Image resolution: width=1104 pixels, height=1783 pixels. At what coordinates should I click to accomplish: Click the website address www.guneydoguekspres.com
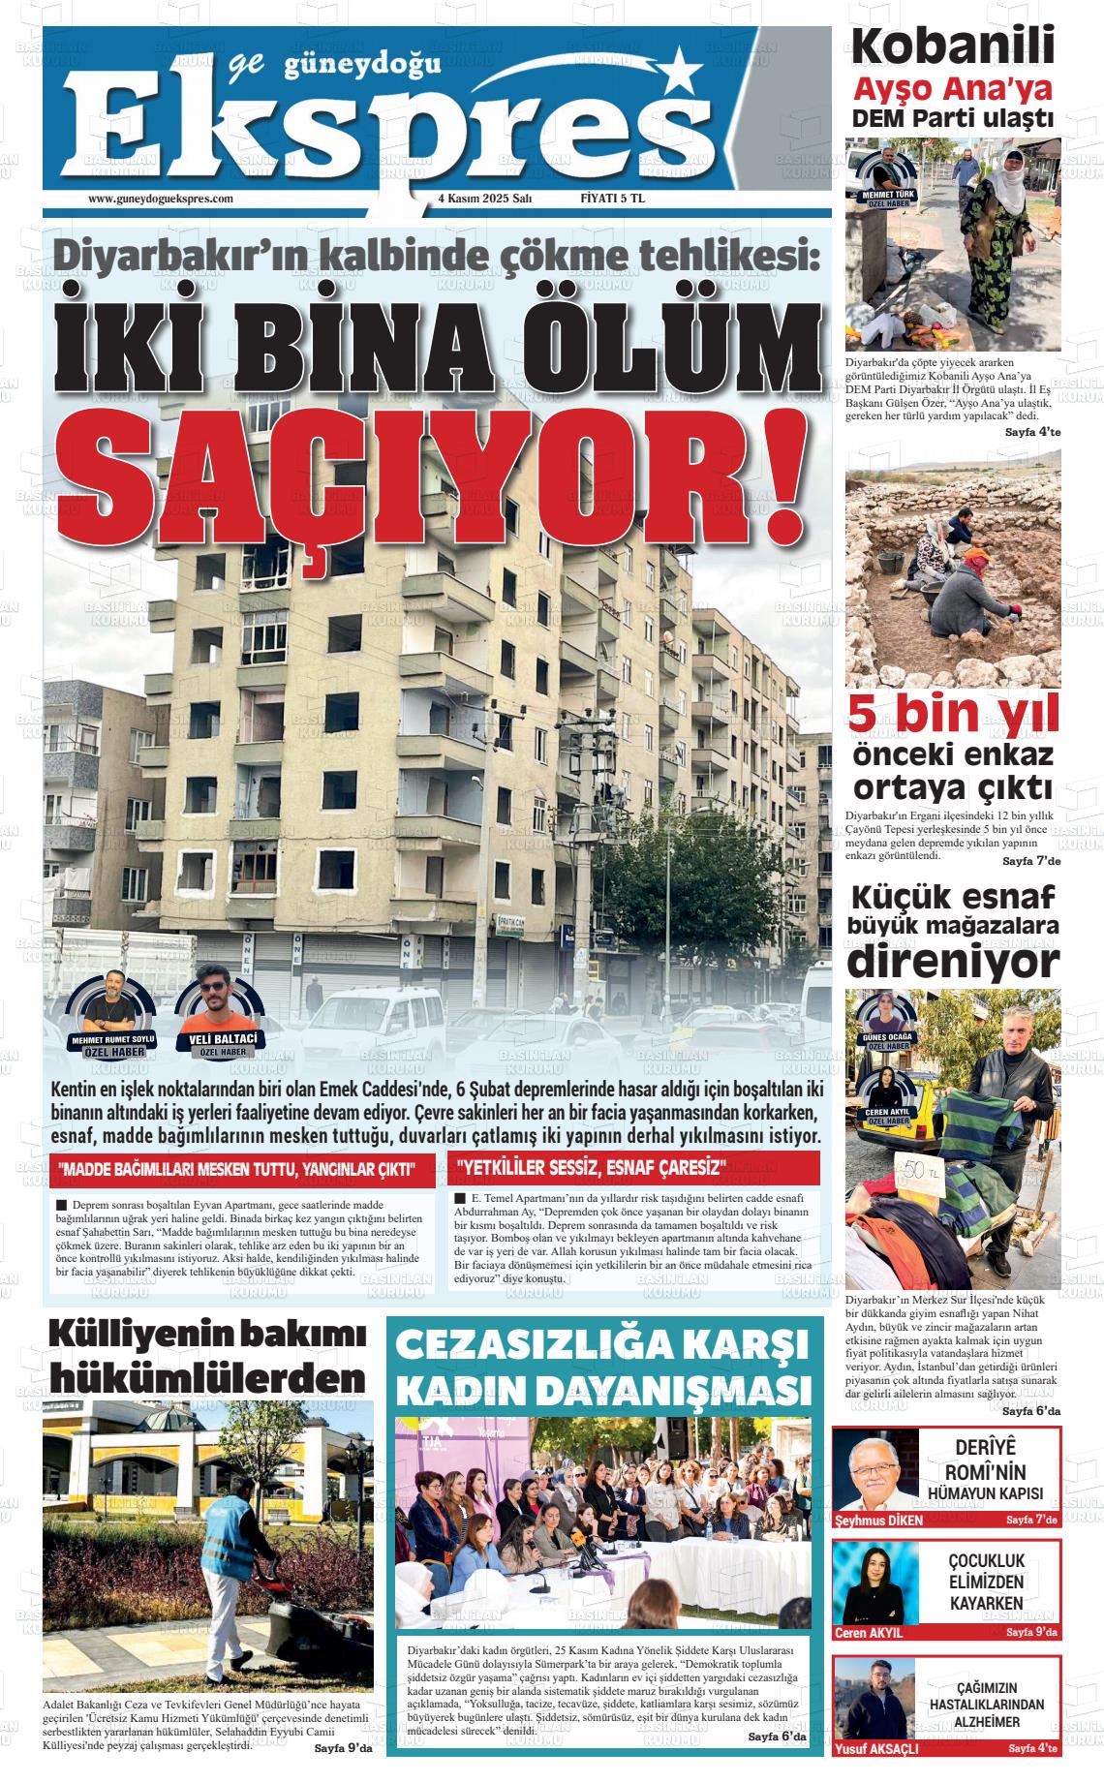(x=161, y=199)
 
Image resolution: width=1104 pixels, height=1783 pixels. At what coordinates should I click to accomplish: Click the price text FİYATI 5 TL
(x=612, y=199)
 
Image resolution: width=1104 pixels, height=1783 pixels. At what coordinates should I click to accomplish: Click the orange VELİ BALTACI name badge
(x=223, y=1040)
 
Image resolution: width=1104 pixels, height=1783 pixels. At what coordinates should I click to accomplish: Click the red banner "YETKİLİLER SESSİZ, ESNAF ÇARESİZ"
(x=591, y=1168)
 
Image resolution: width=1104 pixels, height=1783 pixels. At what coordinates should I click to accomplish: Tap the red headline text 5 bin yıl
(x=953, y=714)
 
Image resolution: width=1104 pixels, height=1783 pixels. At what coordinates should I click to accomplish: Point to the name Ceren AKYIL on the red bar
(x=869, y=1632)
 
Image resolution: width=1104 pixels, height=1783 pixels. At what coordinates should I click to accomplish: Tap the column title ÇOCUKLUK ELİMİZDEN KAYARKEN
(x=986, y=1582)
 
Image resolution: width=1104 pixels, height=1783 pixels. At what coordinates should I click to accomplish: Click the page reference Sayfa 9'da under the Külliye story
(x=344, y=1748)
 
